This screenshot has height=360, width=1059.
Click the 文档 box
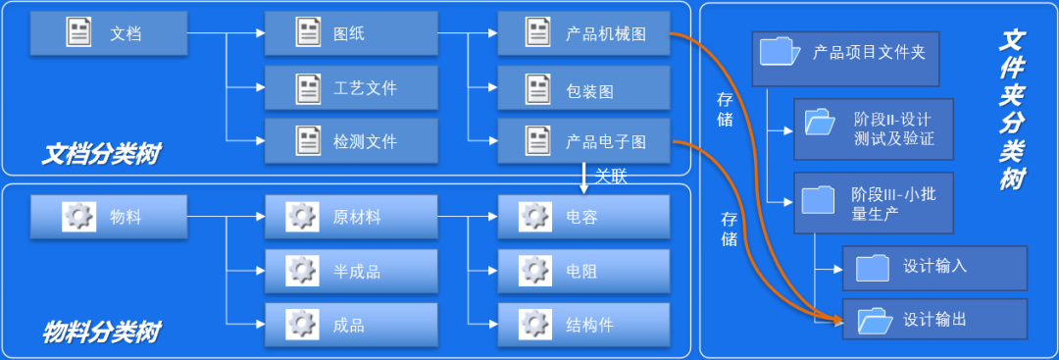tap(108, 34)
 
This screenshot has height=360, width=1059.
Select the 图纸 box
tap(350, 34)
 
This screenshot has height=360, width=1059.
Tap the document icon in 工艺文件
tap(309, 88)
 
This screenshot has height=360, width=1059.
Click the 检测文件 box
tap(350, 141)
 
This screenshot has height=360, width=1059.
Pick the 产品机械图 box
tap(583, 34)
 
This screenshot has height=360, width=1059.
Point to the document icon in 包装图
tap(537, 89)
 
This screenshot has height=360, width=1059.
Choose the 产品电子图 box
tap(583, 141)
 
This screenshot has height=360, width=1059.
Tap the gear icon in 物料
tap(77, 217)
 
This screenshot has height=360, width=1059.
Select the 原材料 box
tap(350, 217)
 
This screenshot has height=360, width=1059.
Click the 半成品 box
tap(350, 271)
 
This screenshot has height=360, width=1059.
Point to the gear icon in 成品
tap(302, 325)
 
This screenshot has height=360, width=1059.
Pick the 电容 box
tap(583, 217)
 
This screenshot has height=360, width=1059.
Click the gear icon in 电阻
tap(535, 271)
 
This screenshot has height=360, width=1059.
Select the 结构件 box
tap(583, 325)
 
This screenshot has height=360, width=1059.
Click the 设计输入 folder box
tap(933, 267)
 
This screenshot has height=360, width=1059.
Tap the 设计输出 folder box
tap(933, 320)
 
